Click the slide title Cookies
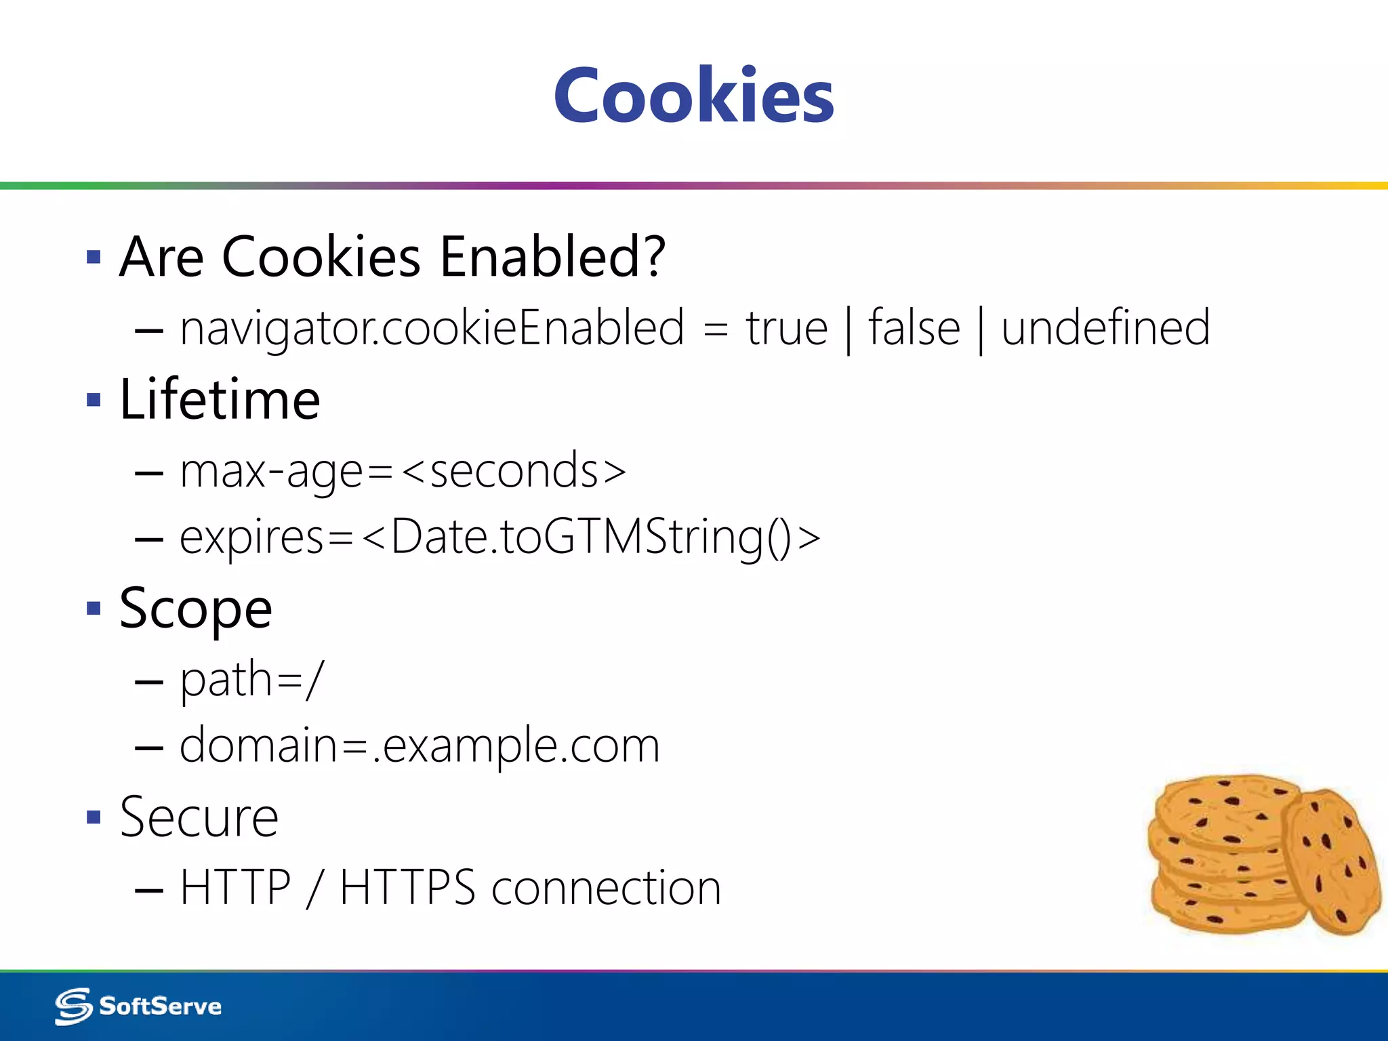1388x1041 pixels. [x=693, y=96]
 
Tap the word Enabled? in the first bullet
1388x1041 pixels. [x=552, y=257]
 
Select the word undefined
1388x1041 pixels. [x=1105, y=328]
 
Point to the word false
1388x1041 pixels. [x=914, y=328]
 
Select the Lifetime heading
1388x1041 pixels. [x=220, y=399]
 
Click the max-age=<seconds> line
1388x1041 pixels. [x=403, y=471]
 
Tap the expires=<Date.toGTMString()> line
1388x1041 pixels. [x=499, y=537]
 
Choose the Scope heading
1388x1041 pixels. [x=196, y=609]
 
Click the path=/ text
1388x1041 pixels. [x=251, y=679]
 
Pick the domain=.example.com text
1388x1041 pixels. [x=420, y=746]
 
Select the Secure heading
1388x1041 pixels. [x=199, y=817]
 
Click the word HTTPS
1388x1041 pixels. [x=407, y=888]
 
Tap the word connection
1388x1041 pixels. [x=606, y=888]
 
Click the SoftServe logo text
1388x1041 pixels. [x=160, y=1006]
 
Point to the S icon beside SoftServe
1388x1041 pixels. [x=73, y=1006]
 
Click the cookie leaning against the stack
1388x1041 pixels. [x=1332, y=861]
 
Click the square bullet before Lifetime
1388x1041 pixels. [x=94, y=399]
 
